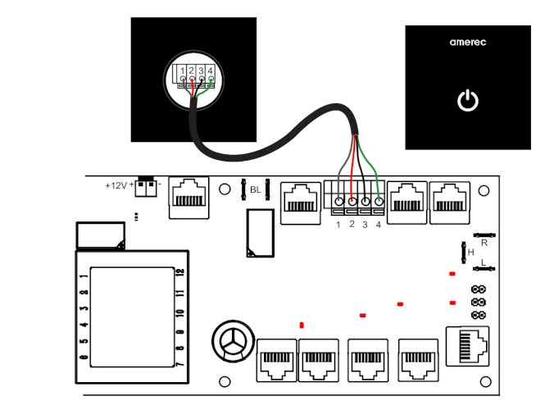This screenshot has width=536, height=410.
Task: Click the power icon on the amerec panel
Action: [466, 102]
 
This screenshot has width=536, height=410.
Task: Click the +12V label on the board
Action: [116, 185]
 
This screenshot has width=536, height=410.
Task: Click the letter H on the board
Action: [470, 253]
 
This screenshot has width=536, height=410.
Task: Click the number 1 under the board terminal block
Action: [338, 225]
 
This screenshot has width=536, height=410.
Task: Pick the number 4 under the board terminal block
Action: [378, 225]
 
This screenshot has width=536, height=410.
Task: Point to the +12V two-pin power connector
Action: [147, 187]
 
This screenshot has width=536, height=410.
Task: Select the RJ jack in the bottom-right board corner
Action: [466, 344]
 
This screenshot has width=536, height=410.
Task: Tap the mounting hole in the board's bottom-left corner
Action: [224, 381]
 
